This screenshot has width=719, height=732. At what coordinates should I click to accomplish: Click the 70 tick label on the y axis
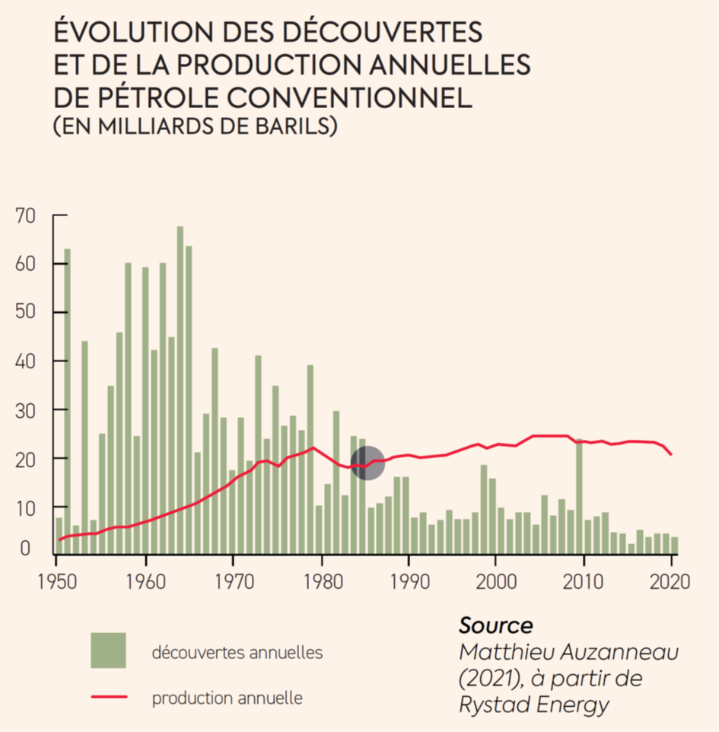(x=25, y=216)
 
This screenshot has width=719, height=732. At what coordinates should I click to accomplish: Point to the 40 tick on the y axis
(x=25, y=361)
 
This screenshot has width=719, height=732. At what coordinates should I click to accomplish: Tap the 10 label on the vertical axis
(x=25, y=508)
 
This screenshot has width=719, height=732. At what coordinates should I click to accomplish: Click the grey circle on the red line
(x=367, y=463)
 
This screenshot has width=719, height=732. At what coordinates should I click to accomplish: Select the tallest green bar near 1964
(x=180, y=380)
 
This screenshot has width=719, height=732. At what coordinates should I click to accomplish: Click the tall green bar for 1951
(x=67, y=396)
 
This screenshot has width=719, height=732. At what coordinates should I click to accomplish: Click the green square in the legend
(x=108, y=651)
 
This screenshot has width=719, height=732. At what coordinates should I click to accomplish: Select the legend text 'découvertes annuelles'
(x=237, y=652)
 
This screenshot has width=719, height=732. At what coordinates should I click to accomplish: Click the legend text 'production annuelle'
(x=227, y=698)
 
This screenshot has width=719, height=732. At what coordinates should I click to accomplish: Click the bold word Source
(x=495, y=625)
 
